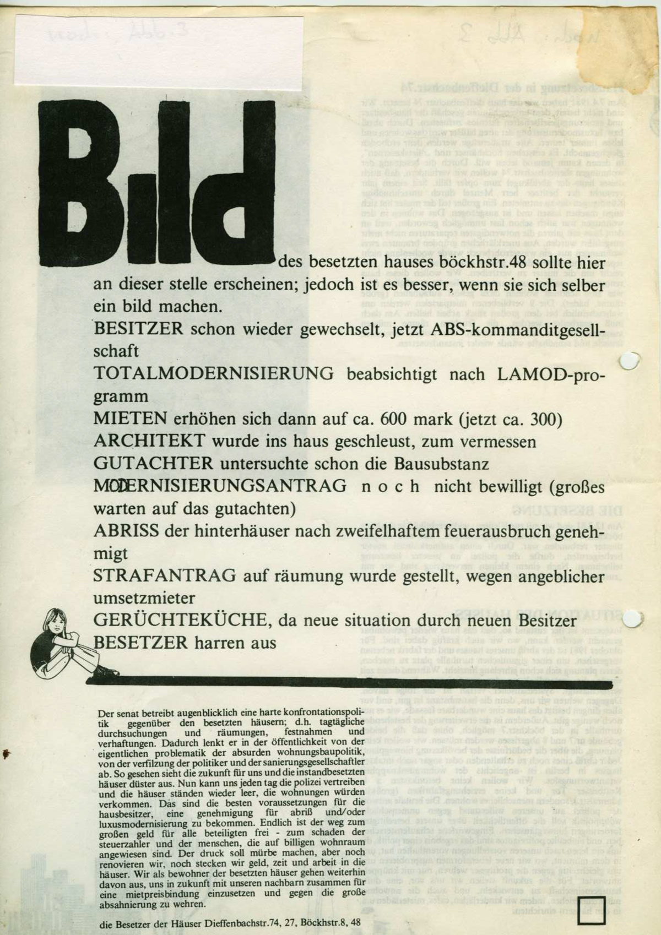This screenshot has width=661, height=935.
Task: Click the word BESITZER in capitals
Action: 138,329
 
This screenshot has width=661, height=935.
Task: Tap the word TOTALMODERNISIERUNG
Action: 214,374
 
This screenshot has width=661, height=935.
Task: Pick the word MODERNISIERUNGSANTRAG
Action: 220,486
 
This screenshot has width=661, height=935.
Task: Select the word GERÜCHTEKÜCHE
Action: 181,620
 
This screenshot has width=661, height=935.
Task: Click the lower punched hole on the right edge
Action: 635,620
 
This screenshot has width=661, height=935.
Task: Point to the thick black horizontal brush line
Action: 353,682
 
